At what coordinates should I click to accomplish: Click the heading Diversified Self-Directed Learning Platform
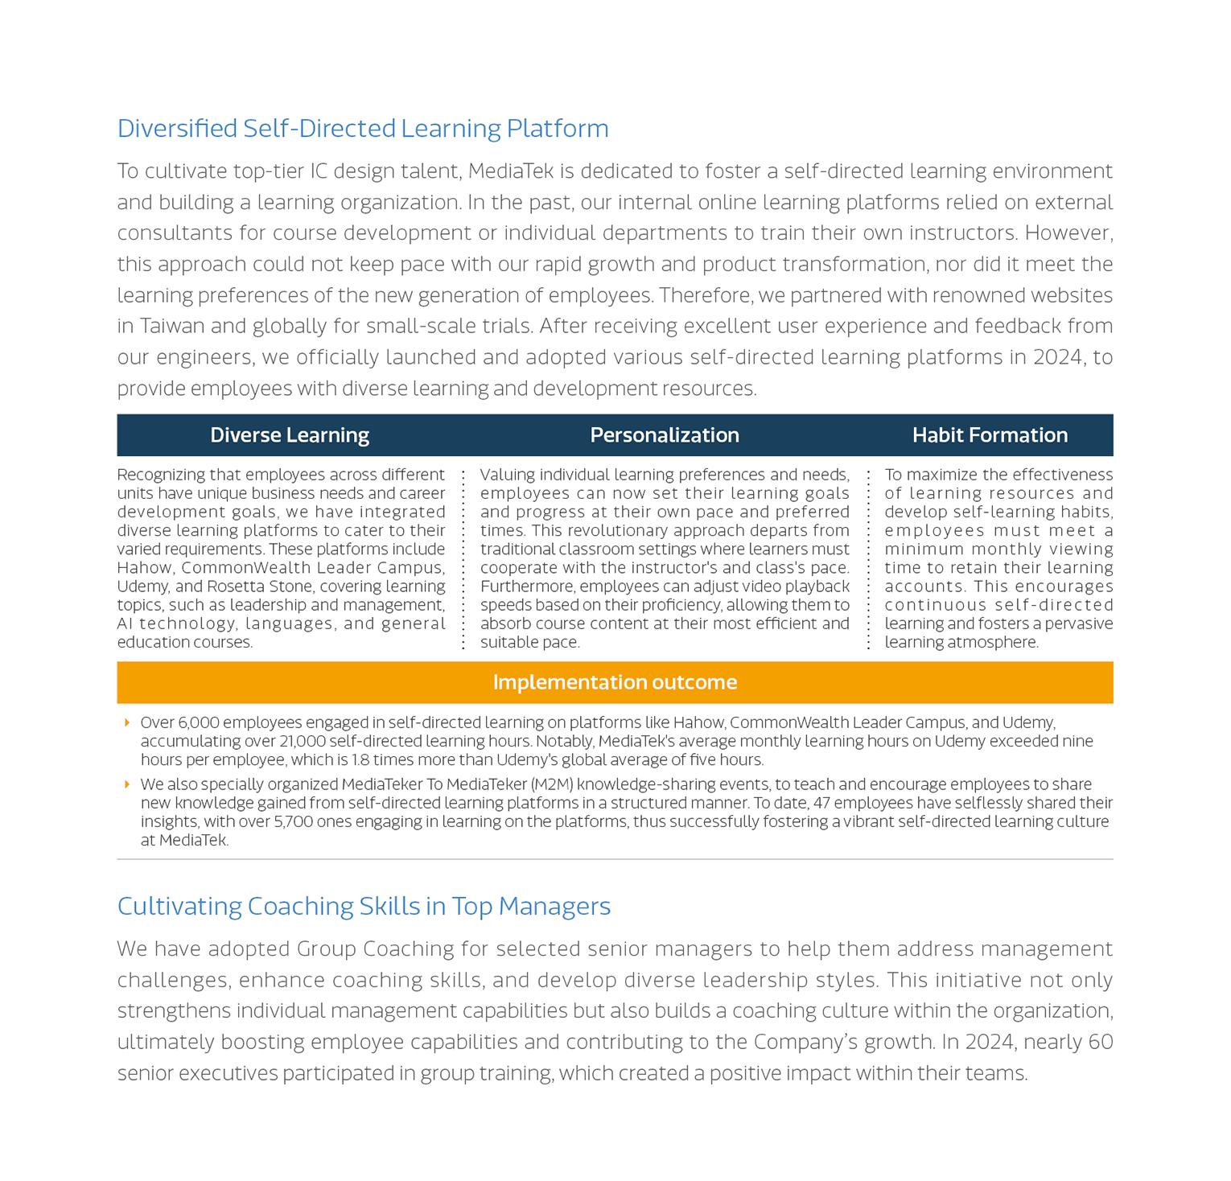[363, 129]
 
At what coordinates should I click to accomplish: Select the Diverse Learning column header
[290, 435]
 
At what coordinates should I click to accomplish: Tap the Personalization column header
[665, 435]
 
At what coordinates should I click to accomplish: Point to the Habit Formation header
[990, 435]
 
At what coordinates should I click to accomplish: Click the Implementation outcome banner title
[615, 682]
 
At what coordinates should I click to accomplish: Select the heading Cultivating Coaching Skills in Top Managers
[364, 907]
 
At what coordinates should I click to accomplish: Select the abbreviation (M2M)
[552, 784]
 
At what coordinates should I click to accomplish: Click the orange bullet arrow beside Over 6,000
[127, 722]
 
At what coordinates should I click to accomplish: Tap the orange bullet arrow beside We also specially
[127, 784]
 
